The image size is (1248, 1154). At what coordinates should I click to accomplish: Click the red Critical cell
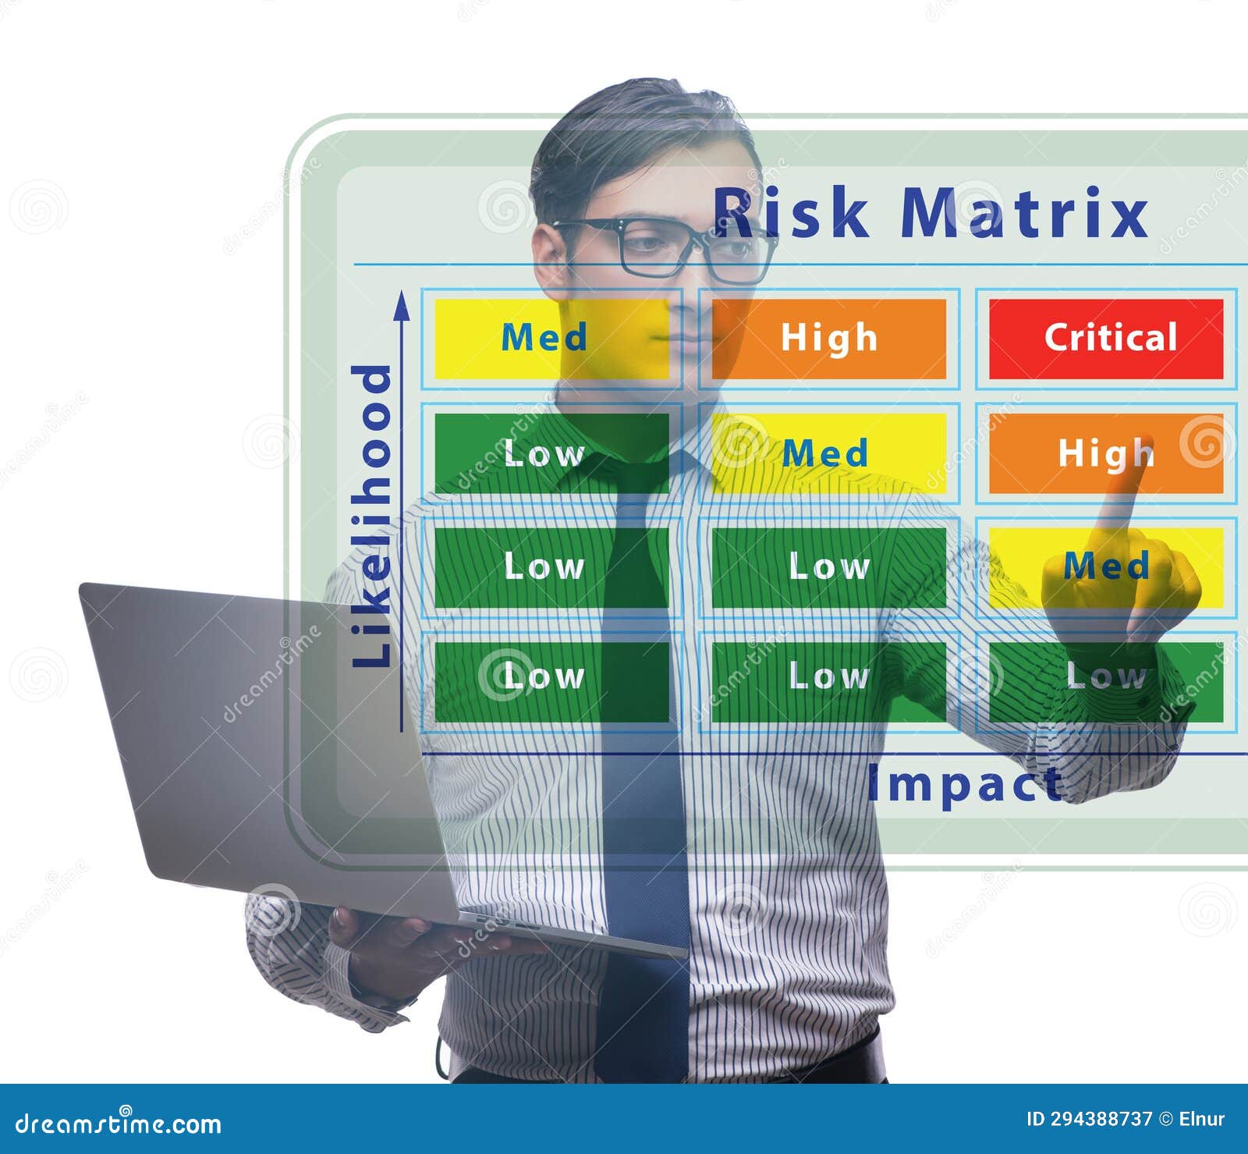(1106, 339)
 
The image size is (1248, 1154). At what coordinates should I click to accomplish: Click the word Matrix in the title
(1024, 211)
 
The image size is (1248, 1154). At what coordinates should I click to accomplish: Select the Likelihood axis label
(371, 516)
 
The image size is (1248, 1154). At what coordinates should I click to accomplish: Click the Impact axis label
(966, 784)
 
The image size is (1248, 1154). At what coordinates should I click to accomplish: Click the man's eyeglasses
(663, 248)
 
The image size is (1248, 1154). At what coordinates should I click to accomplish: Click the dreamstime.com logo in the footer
(118, 1123)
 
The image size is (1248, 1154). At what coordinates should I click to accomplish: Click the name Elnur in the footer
(1202, 1119)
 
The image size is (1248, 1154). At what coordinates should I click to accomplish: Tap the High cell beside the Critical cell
(829, 339)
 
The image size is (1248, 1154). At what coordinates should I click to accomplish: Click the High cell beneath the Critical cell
(1106, 453)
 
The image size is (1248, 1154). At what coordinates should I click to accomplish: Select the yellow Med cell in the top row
(551, 339)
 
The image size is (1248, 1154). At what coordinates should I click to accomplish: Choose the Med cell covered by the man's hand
(1106, 567)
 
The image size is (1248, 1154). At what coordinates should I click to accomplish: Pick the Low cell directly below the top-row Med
(551, 453)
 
